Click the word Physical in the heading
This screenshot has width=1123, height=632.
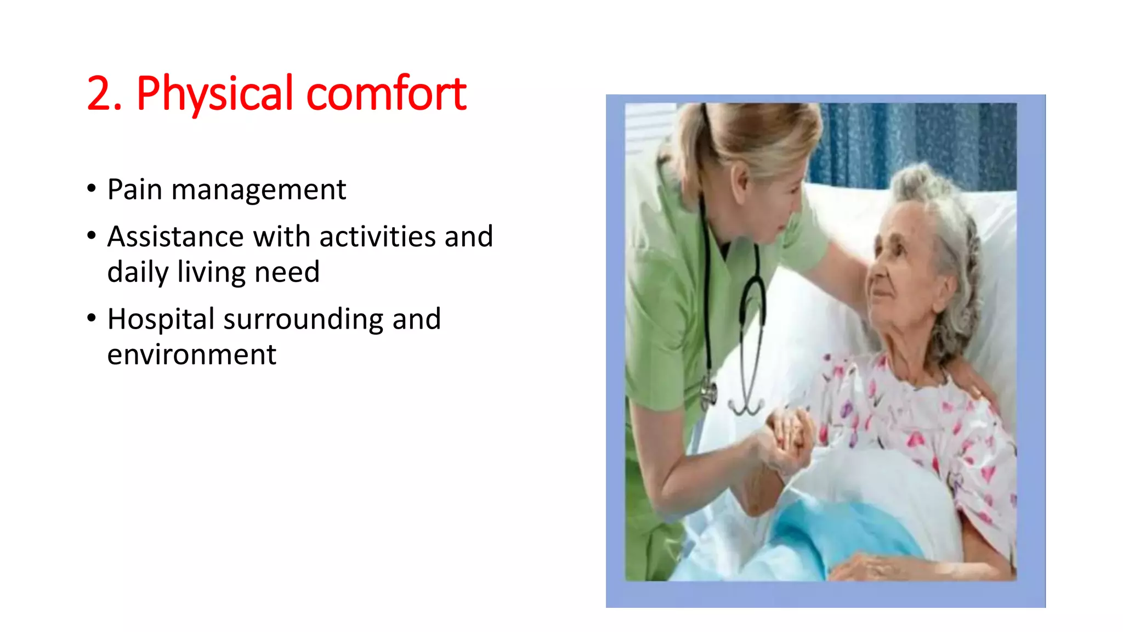coord(214,94)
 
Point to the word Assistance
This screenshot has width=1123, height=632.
coord(175,237)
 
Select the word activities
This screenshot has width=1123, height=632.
coord(377,237)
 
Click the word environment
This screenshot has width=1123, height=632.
coord(191,354)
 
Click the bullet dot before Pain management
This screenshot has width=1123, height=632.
coord(92,189)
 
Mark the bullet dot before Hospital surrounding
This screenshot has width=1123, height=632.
coord(92,318)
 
